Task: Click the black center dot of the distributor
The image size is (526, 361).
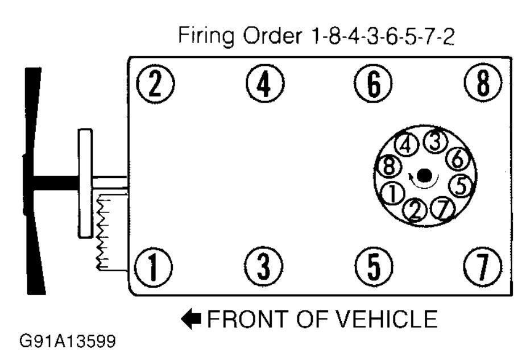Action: click(x=424, y=176)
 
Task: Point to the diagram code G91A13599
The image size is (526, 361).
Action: click(x=67, y=342)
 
